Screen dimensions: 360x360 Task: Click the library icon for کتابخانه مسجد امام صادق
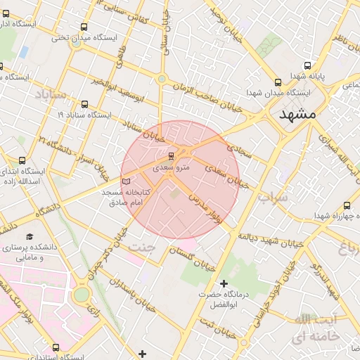click(127, 181)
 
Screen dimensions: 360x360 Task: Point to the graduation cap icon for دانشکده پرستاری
click(30, 236)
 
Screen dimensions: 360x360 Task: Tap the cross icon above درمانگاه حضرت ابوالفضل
click(224, 284)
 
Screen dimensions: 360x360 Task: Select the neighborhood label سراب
click(273, 198)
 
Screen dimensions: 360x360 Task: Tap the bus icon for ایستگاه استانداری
click(56, 347)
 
